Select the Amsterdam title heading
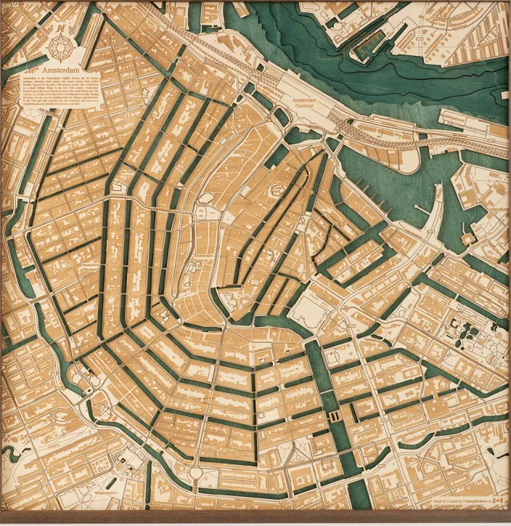pos(60,71)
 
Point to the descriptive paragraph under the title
pos(62,94)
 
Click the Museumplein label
pos(107,492)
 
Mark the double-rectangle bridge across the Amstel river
pos(335,416)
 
